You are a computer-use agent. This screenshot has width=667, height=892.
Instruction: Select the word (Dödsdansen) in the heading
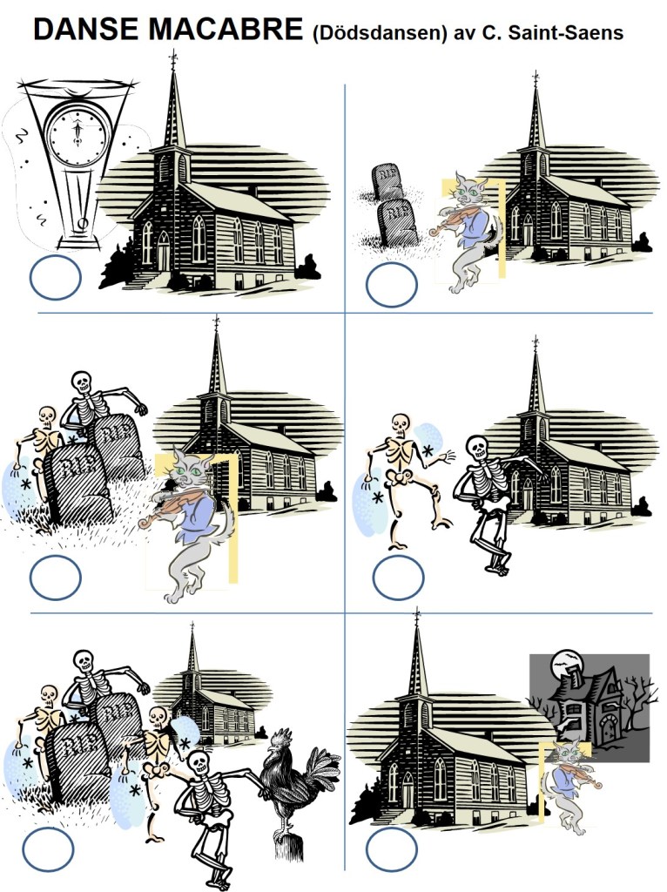(380, 34)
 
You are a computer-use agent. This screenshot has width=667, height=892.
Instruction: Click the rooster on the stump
(297, 784)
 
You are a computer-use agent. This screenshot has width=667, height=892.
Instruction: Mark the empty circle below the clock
(55, 278)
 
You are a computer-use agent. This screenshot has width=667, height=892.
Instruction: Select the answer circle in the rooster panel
(49, 849)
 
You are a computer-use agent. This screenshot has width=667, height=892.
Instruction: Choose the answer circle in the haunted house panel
(392, 849)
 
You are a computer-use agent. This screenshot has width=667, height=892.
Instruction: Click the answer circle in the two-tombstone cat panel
(392, 285)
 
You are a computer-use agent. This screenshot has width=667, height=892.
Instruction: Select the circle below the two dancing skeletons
(398, 577)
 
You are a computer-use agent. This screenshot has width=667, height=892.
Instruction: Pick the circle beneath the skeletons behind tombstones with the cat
(55, 577)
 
